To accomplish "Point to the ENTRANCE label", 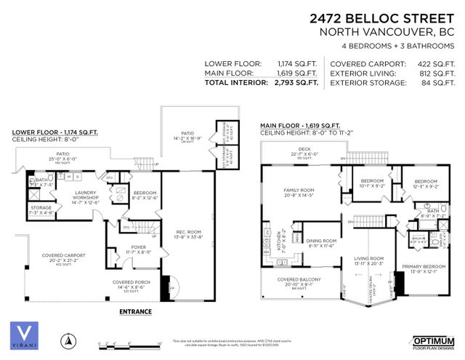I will click(135, 311).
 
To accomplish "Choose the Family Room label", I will click(296, 192).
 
